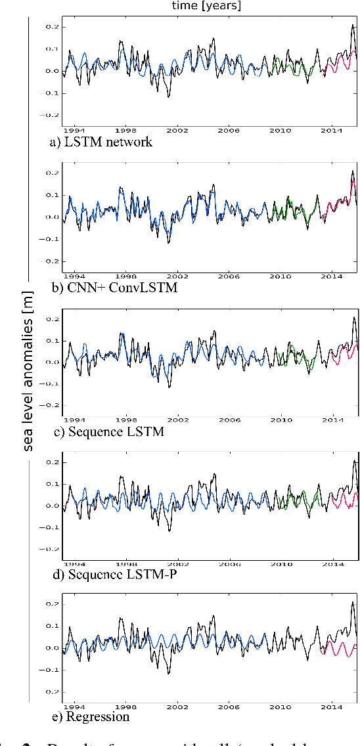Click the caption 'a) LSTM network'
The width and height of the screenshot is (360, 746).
[x=100, y=142]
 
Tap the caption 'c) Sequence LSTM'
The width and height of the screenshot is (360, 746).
[x=106, y=431]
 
